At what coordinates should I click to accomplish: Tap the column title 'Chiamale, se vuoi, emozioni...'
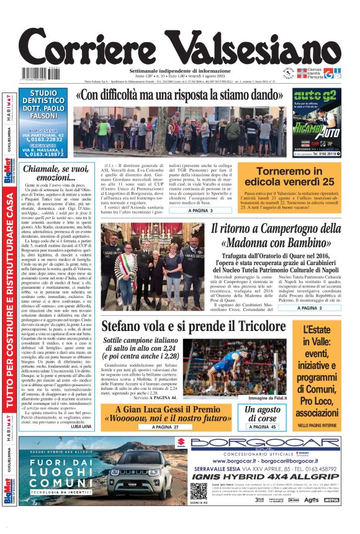[x=55, y=173]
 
